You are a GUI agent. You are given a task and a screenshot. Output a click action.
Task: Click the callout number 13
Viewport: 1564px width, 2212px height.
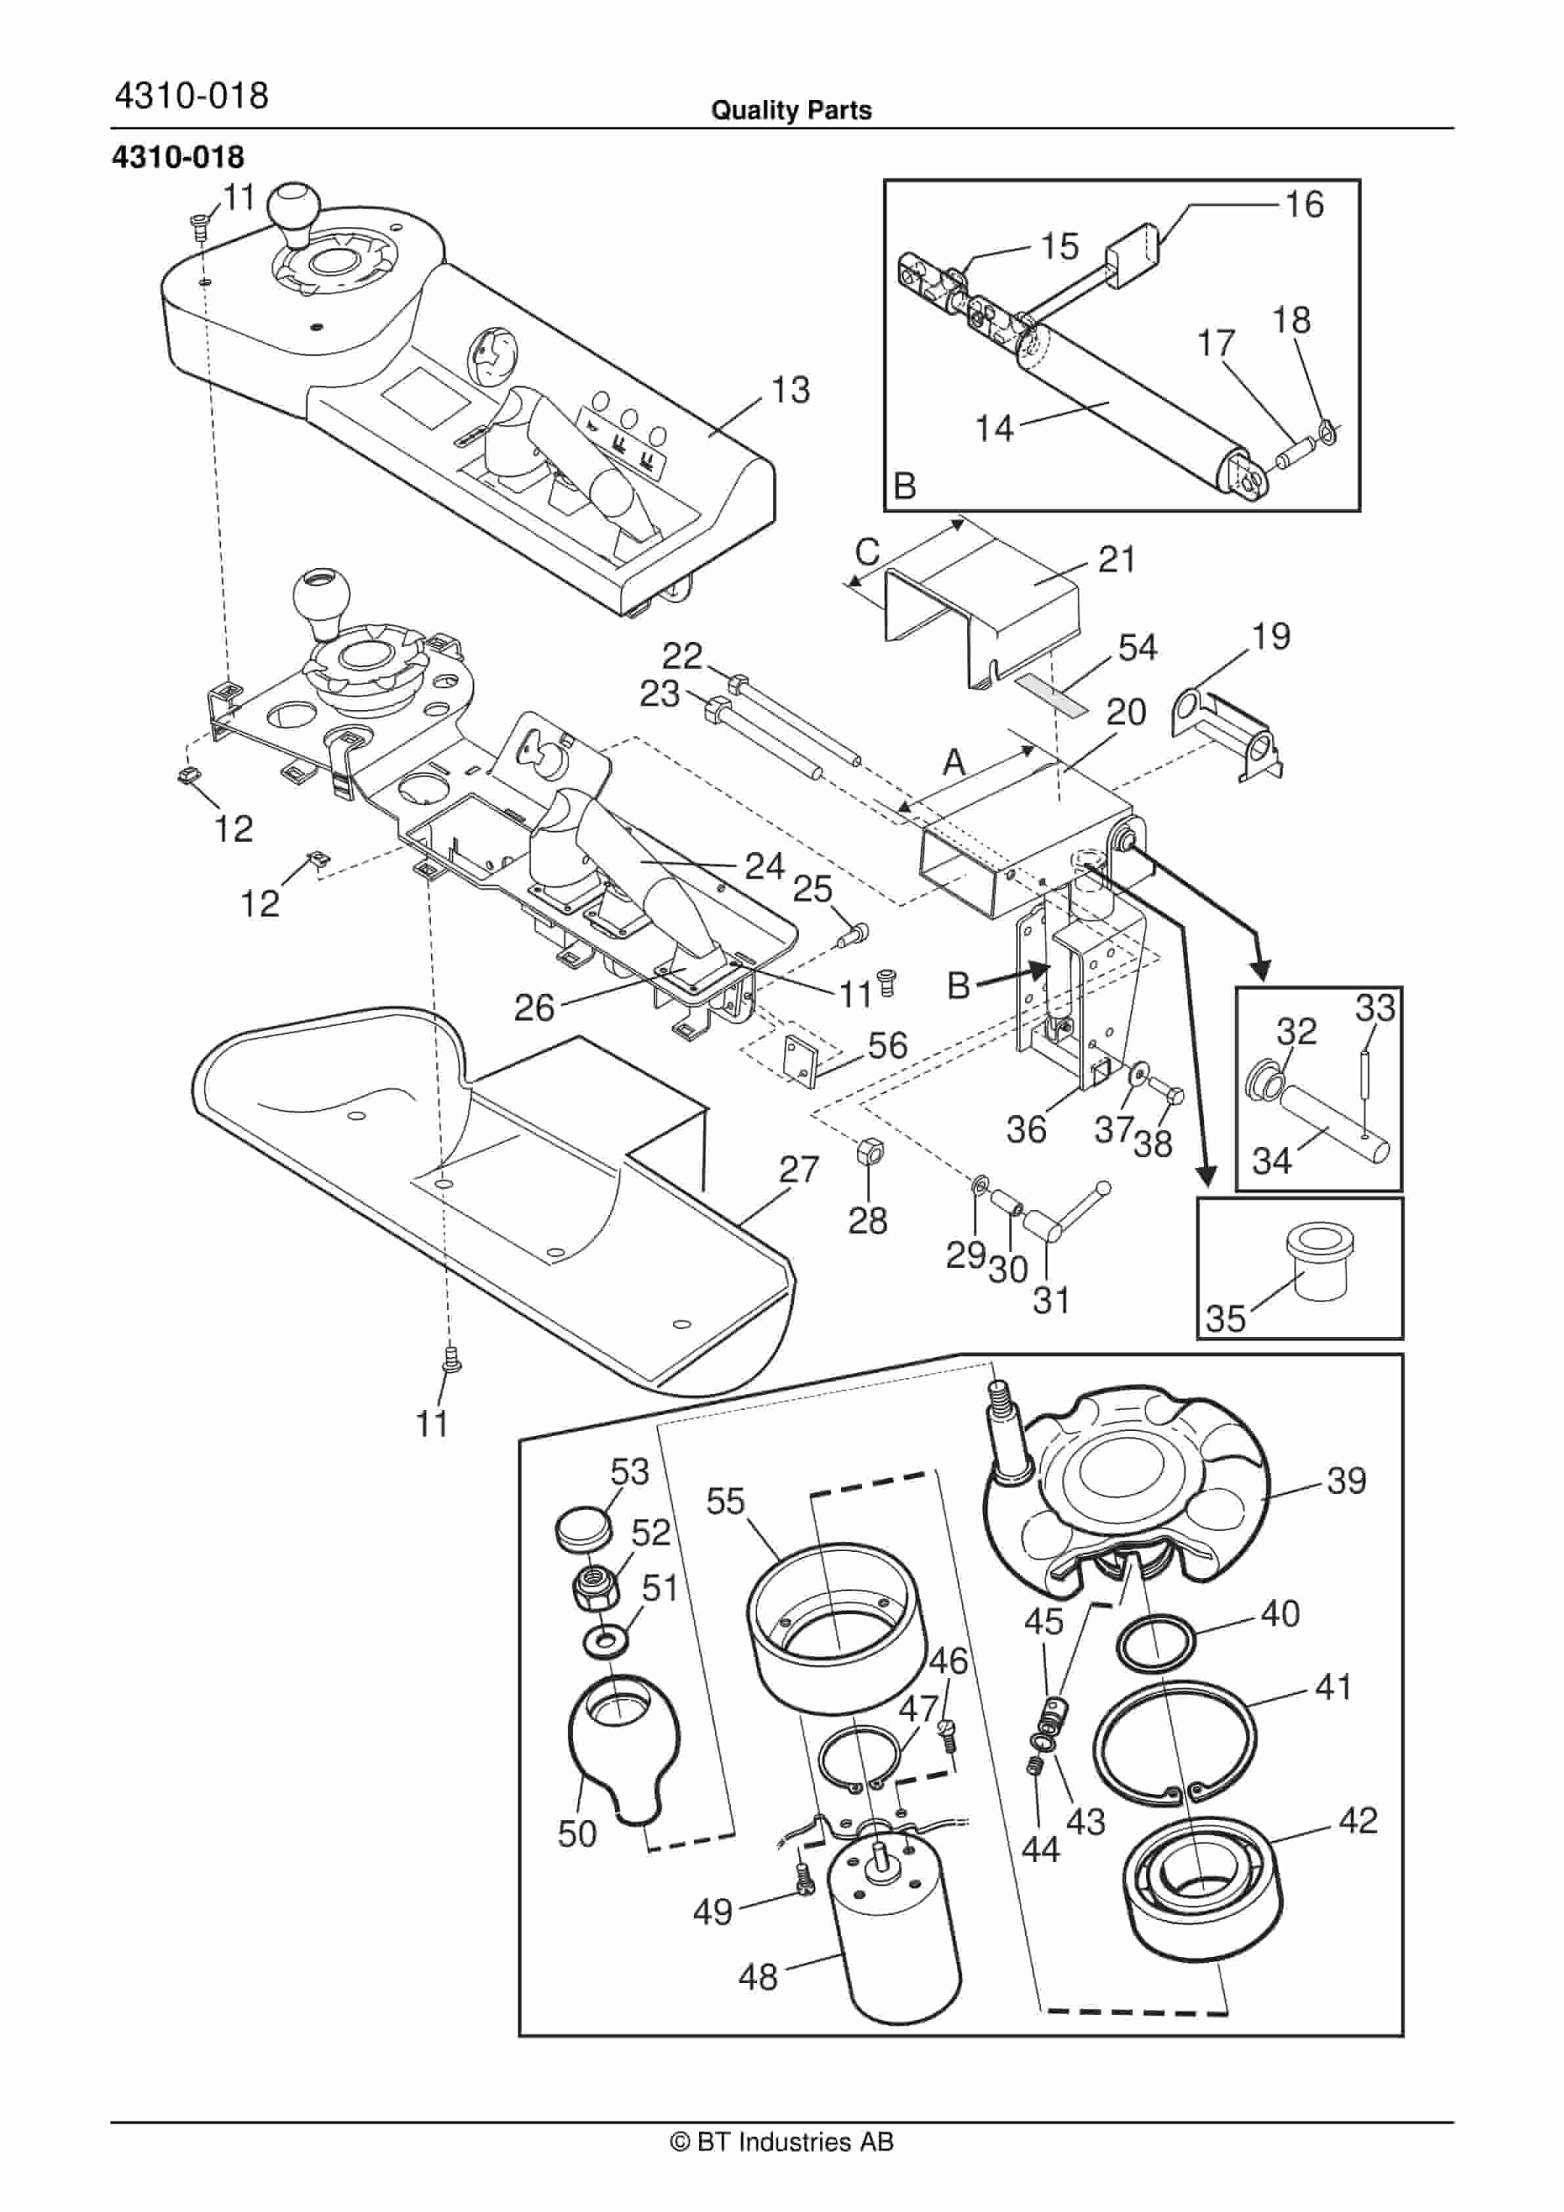pyautogui.click(x=790, y=390)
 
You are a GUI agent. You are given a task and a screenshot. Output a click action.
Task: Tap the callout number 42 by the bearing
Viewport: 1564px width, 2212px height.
pyautogui.click(x=1358, y=1820)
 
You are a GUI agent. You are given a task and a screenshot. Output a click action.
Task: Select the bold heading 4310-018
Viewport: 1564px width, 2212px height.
pyautogui.click(x=178, y=157)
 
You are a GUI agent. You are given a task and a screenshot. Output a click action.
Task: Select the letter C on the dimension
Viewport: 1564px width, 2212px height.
pyautogui.click(x=867, y=552)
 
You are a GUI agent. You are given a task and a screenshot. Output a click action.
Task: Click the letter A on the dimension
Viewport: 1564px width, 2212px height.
pyautogui.click(x=954, y=762)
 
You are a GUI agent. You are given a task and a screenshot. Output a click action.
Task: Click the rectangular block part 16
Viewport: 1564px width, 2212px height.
pyautogui.click(x=1132, y=255)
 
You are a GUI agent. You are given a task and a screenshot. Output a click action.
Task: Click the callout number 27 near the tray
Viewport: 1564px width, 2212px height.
pyautogui.click(x=798, y=1170)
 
